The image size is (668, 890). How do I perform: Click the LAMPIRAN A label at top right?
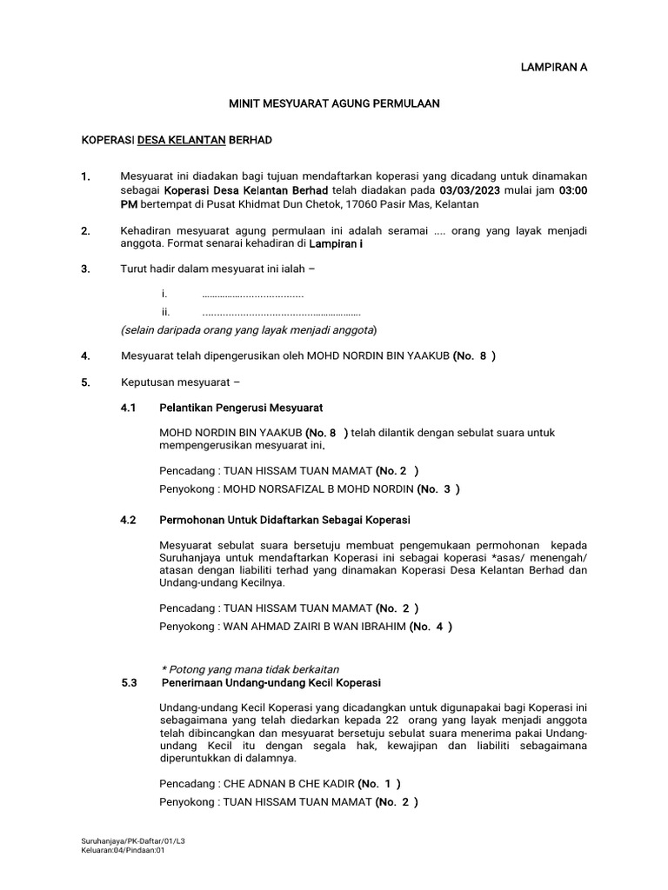tap(547, 67)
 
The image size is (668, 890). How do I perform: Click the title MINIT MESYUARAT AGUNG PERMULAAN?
tap(334, 103)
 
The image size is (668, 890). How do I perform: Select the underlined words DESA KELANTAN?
tap(182, 140)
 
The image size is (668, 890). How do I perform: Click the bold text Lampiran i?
tap(337, 244)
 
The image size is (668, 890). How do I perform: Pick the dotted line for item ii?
tap(280, 312)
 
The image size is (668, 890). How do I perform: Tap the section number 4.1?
tap(129, 408)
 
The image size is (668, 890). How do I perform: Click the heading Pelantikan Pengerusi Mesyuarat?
tap(241, 408)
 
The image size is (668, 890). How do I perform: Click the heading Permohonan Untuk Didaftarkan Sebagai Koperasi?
tap(284, 520)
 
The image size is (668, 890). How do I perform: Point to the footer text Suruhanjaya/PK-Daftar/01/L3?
tap(129, 841)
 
